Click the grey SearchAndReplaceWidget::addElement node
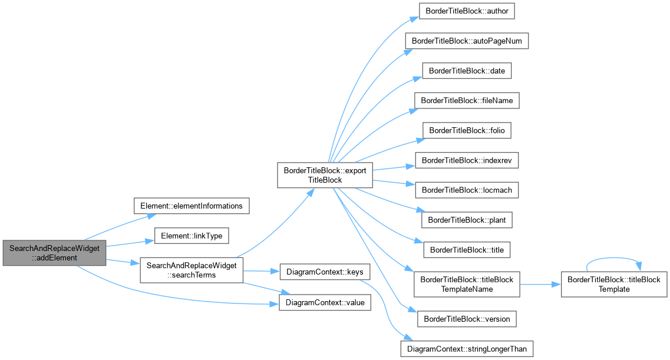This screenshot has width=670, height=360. [x=54, y=253]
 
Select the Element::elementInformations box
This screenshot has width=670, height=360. [x=192, y=206]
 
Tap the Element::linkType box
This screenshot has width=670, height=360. [x=192, y=236]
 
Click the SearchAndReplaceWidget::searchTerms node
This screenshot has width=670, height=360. [x=192, y=270]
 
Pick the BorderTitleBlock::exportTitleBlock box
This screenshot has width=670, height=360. [x=325, y=175]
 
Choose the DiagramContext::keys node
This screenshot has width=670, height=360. [x=325, y=272]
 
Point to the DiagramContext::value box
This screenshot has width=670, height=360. [x=325, y=302]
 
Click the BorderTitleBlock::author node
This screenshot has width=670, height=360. [x=467, y=11]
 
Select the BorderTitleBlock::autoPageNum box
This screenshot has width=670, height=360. [x=467, y=41]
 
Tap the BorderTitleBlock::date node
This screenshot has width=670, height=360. [x=467, y=71]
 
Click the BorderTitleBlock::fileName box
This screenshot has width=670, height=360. [x=467, y=101]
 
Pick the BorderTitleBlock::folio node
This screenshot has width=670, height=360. [x=467, y=131]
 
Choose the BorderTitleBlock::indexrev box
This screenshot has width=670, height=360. [x=467, y=161]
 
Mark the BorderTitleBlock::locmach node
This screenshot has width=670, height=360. [x=467, y=190]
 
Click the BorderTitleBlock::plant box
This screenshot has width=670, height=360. [x=467, y=220]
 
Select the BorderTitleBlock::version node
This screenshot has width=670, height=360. [x=467, y=319]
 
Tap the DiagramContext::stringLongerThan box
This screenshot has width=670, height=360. [x=467, y=349]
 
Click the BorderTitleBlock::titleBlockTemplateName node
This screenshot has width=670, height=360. [x=467, y=285]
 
